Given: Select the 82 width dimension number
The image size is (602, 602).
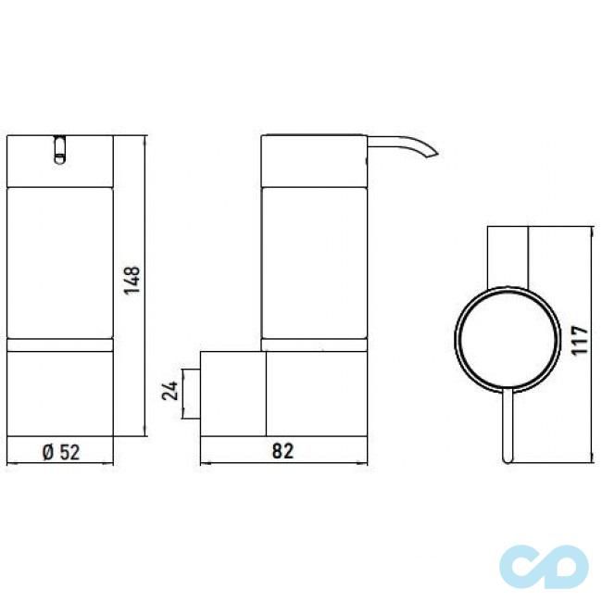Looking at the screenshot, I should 282,451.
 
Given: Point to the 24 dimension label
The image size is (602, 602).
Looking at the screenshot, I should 169,390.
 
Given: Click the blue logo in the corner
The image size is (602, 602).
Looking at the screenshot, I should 545,561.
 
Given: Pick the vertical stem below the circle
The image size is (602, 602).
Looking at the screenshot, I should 505,425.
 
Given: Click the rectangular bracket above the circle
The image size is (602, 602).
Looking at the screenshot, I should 508,255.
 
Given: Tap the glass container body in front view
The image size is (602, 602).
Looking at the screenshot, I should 59,265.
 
